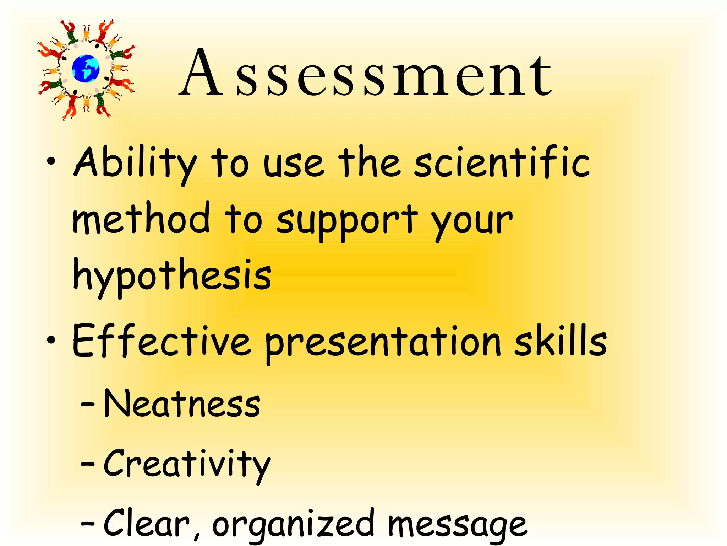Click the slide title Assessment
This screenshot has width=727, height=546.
(366, 73)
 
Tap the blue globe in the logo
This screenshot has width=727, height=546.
(86, 69)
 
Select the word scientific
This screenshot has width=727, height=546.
(502, 162)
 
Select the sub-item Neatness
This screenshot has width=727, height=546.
(182, 403)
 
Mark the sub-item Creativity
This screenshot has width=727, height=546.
(187, 464)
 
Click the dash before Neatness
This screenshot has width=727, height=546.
(87, 404)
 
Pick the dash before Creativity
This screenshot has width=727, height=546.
(87, 464)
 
